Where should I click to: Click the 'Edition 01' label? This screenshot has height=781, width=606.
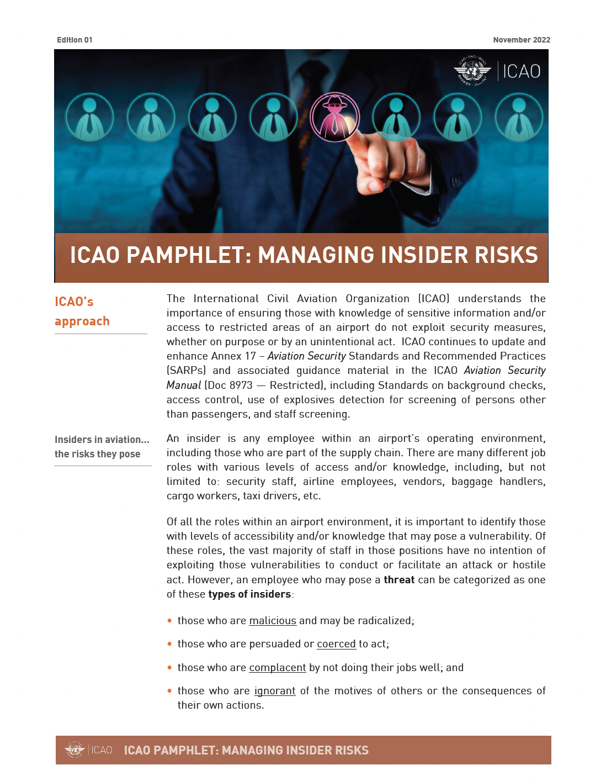coord(75,40)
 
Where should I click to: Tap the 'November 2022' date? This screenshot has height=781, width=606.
coord(522,40)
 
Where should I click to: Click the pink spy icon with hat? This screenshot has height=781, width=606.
coord(334,117)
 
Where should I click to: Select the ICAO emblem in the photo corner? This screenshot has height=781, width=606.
coord(472,71)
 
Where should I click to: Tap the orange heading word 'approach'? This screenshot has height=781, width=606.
coord(82,321)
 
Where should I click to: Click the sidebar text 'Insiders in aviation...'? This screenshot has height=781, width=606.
coord(102,440)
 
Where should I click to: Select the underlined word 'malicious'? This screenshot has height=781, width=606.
coord(273,621)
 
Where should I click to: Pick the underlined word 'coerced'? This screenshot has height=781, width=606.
coord(336,644)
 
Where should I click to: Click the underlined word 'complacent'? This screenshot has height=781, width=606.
coord(277,668)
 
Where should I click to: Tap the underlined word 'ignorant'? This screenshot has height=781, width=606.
coord(274,691)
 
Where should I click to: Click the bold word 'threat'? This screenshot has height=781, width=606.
coord(399,580)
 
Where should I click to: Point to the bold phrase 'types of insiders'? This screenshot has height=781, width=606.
coord(249,594)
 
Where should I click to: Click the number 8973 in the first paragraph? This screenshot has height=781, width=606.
coord(241,386)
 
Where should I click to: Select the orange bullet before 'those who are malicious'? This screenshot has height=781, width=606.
coord(169,621)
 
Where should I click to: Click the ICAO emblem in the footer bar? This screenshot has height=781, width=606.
coord(74,750)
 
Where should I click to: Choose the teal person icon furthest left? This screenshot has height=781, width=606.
coord(89,118)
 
